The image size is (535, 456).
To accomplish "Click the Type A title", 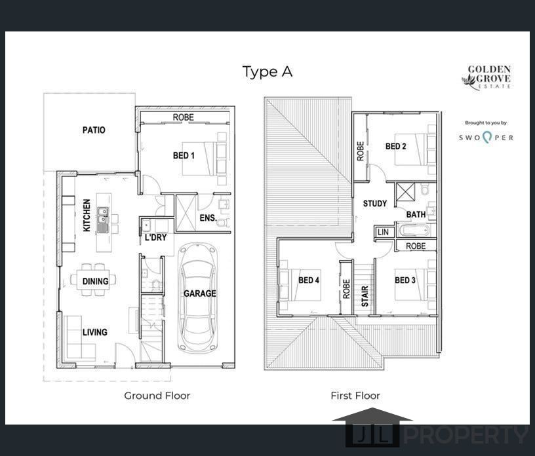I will (267, 72).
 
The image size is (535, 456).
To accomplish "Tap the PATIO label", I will (94, 130).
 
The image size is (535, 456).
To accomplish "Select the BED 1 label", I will (184, 156).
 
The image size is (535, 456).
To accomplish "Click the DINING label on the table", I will (95, 281).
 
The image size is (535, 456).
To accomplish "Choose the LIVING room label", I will (95, 332).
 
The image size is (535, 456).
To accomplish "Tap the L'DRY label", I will (155, 237).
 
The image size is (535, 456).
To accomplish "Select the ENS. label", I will (207, 217).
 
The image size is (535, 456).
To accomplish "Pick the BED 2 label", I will (396, 147).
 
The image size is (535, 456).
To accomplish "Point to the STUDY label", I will (375, 204).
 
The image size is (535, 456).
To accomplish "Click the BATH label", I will (416, 214).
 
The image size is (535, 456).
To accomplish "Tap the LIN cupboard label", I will (384, 233).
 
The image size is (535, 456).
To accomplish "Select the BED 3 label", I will (405, 280).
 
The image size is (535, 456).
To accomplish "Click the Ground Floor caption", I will (157, 396).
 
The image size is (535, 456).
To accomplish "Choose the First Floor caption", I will (355, 396).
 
